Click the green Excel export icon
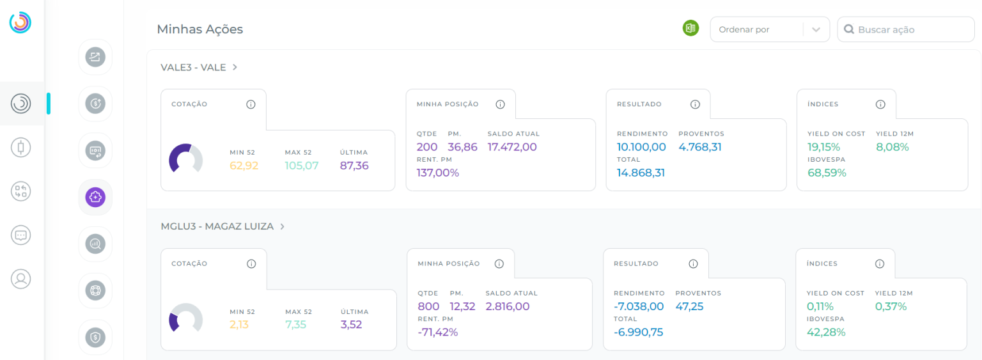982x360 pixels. point(690,28)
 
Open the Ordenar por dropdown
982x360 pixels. point(769,29)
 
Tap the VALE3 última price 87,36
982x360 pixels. point(354,166)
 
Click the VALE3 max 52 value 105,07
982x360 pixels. point(302,166)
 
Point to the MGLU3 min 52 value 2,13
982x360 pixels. point(239,325)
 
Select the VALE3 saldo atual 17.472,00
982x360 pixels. point(512,147)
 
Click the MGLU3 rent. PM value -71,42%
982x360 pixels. point(437,332)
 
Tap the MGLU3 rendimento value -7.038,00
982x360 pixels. point(639,306)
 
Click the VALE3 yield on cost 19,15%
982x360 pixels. point(824,147)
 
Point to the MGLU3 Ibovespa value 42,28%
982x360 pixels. point(826,332)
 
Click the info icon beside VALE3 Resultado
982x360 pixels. point(695,104)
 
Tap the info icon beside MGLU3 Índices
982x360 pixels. point(879,263)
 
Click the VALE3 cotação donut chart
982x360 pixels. point(185,159)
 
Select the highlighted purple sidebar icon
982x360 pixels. point(95,197)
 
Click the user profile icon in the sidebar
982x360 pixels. point(21,279)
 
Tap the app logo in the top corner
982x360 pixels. point(20,22)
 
